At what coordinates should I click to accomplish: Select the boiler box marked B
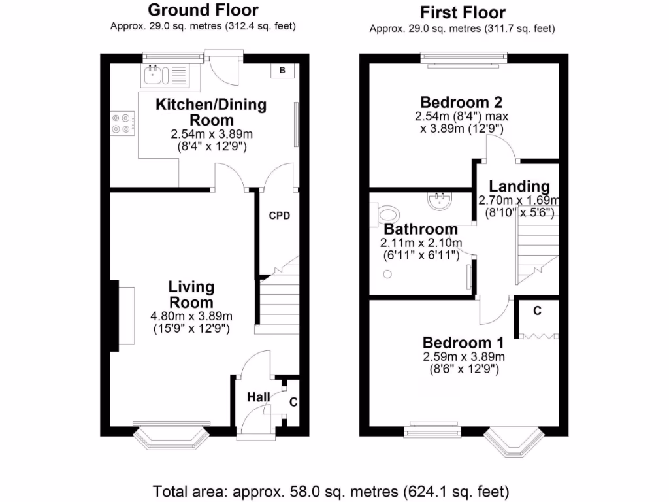point(282,71)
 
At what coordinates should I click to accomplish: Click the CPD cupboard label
point(279,216)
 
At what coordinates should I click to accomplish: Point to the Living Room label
point(191,294)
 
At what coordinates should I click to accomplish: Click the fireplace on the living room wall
point(123,316)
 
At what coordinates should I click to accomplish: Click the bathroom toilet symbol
point(387,214)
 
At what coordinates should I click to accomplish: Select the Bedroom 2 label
point(461,102)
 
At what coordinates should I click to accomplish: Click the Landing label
point(519,187)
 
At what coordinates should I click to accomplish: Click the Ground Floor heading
point(203,10)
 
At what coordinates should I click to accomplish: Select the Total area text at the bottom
point(331,490)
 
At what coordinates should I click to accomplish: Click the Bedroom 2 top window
point(463,59)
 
